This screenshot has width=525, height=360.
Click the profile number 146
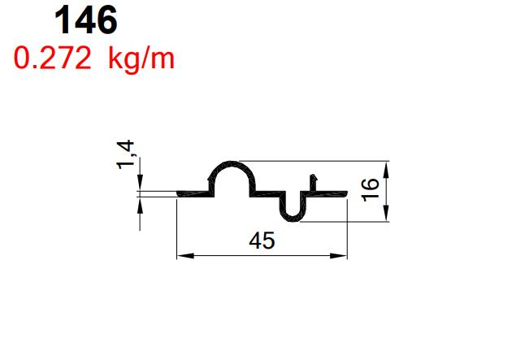85,21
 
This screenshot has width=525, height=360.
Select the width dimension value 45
262,241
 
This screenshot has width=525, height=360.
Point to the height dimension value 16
370,189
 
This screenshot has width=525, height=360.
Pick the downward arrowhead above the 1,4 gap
141,186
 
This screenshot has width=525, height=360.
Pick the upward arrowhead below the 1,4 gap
141,202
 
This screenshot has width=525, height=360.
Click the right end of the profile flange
345,192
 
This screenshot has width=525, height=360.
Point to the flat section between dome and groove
267,193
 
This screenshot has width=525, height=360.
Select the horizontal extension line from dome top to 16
317,161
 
